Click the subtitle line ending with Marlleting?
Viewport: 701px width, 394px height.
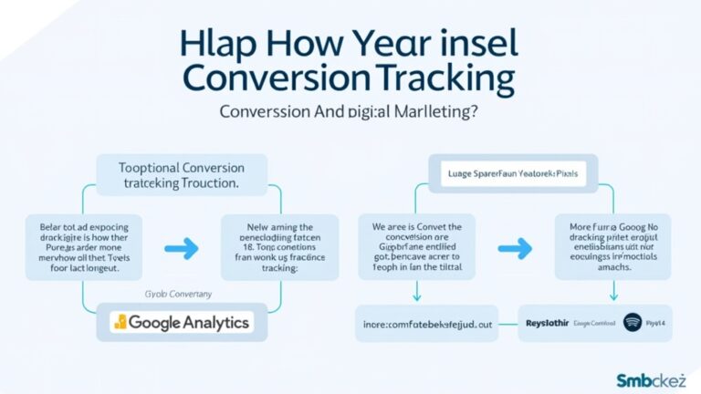click(350, 112)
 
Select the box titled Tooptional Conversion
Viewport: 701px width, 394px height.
click(181, 174)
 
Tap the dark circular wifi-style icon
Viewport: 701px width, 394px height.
click(633, 322)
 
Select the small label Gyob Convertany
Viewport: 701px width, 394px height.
click(180, 295)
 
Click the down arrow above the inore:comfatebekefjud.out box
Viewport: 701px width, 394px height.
click(417, 291)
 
